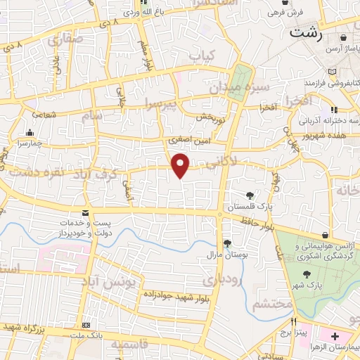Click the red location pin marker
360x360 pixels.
(x=181, y=165)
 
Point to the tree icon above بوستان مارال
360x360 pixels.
(x=226, y=243)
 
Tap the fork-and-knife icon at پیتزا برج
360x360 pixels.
(x=285, y=321)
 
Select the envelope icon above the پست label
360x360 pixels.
(x=85, y=213)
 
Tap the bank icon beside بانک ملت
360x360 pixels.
(x=86, y=326)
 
